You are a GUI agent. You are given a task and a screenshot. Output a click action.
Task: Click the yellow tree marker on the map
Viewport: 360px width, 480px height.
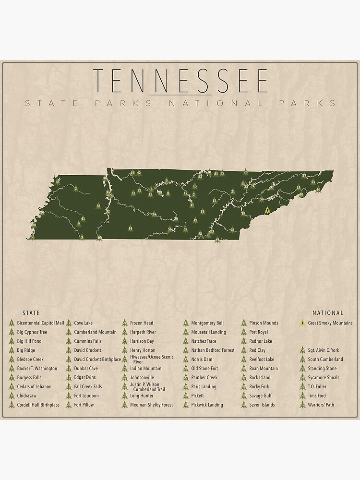266,210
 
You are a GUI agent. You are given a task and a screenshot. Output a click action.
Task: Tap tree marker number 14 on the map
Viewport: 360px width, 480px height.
131,228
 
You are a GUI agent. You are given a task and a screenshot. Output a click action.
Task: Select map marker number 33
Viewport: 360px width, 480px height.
98,206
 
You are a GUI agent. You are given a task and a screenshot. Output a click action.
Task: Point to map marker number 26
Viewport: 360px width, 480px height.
246,171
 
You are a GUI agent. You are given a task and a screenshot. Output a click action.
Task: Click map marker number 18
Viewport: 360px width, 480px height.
203,211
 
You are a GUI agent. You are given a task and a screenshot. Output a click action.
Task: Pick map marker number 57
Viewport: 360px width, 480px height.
304,176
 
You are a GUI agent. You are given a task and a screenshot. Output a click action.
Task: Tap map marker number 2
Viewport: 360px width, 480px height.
76,188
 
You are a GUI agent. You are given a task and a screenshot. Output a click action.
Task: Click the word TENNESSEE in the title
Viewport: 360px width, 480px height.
180,81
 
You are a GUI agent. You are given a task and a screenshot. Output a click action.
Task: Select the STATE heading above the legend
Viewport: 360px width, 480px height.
31,313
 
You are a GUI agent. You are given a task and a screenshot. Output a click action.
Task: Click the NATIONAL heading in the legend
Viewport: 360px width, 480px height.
328,313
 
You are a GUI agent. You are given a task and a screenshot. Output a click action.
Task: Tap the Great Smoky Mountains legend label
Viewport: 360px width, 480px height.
330,323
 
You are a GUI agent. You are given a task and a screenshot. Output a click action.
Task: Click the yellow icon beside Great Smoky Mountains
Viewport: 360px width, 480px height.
302,323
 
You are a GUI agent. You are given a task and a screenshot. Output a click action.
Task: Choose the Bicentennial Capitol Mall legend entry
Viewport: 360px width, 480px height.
40,323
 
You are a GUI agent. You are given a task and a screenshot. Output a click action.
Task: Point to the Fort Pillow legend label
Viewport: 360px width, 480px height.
84,405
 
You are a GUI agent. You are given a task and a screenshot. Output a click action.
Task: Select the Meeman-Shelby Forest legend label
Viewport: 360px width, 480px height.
151,405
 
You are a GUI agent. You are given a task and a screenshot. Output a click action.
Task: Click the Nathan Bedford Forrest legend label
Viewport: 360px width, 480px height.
213,350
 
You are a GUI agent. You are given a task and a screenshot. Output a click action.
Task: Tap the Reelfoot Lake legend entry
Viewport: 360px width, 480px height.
262,360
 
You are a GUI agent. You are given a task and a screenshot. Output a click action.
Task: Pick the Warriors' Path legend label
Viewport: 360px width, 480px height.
321,405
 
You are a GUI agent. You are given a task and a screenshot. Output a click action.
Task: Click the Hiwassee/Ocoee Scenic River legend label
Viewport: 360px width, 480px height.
152,360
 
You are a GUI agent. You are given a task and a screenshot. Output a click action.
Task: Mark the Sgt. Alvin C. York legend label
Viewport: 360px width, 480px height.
323,350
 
